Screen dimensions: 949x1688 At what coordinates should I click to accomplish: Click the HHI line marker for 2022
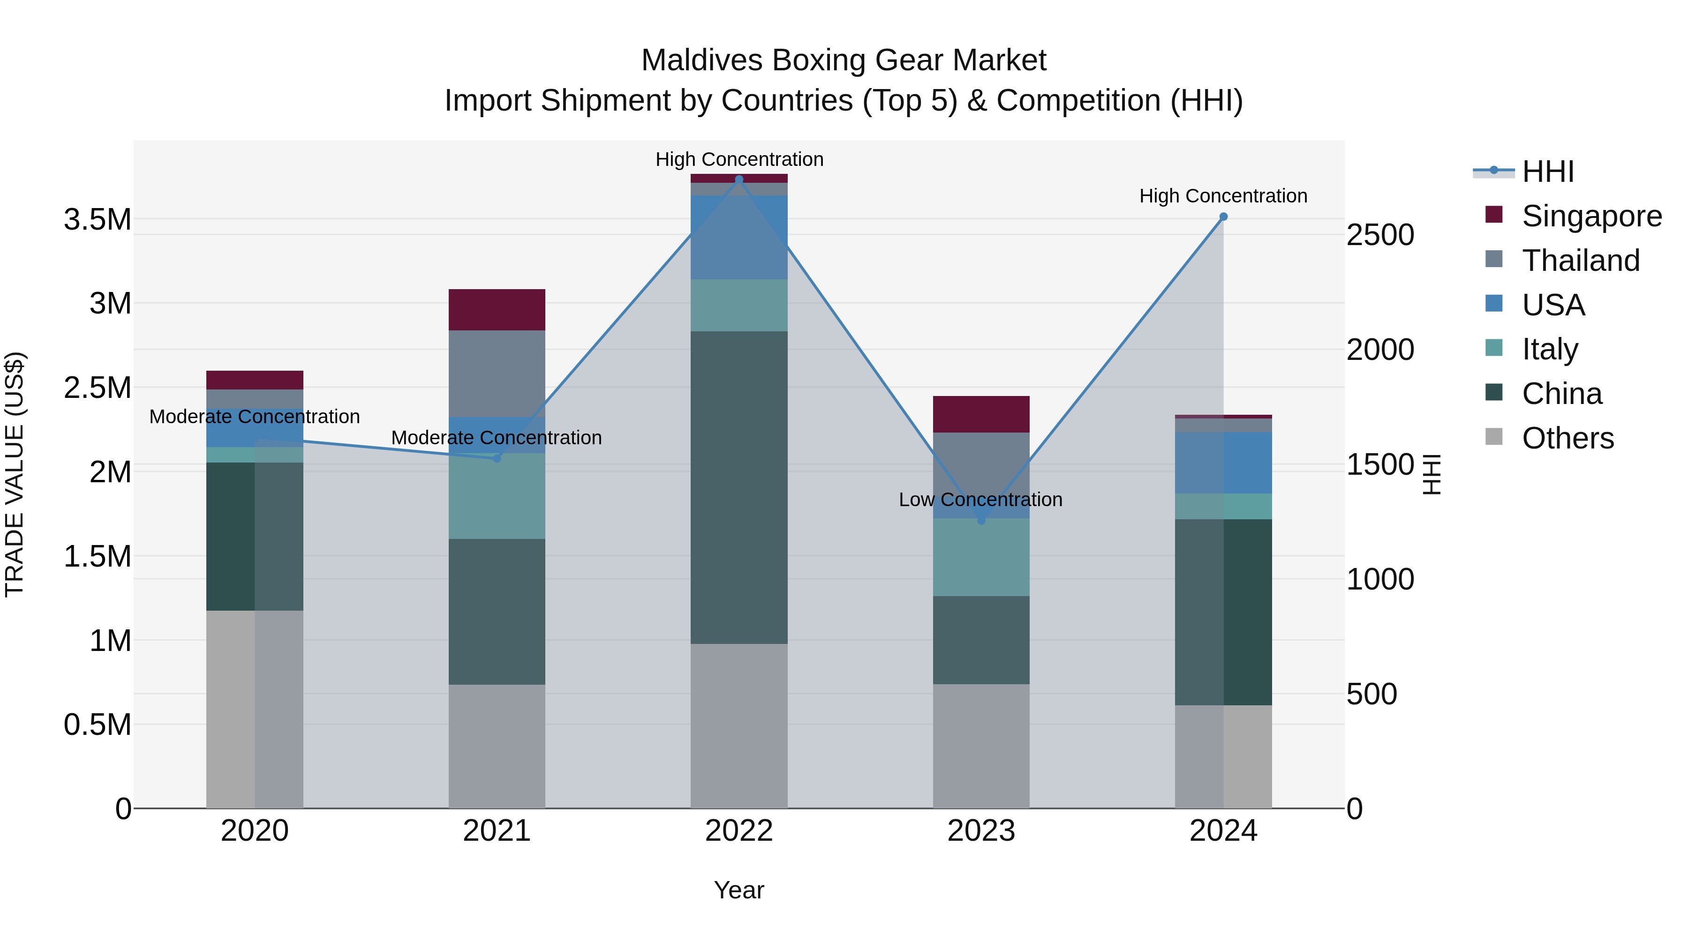[739, 179]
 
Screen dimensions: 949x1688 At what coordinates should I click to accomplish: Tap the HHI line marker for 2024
[1223, 217]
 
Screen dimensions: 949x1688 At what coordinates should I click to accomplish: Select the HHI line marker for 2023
[981, 521]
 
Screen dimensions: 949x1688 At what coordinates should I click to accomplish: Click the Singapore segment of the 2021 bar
[497, 310]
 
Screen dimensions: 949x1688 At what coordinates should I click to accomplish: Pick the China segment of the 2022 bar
[739, 487]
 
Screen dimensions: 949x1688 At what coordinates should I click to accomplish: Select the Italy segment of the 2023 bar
[981, 557]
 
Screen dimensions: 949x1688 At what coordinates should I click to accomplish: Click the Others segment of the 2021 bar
[497, 746]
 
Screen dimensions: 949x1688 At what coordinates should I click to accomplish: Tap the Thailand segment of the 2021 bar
[497, 374]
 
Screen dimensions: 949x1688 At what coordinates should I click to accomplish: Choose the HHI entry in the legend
[1548, 172]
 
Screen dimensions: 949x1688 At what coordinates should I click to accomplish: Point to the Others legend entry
[1567, 438]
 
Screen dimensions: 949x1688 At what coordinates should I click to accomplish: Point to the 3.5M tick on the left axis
[98, 219]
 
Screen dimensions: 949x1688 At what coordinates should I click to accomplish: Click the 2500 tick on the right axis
[1380, 235]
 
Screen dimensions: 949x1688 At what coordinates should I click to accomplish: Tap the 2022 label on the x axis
[739, 831]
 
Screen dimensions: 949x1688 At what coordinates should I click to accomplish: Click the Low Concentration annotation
[980, 500]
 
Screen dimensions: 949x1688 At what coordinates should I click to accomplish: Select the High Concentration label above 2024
[1223, 196]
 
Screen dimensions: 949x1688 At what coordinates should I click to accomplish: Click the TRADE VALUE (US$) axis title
[15, 474]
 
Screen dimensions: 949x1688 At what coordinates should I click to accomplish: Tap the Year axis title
[739, 890]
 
